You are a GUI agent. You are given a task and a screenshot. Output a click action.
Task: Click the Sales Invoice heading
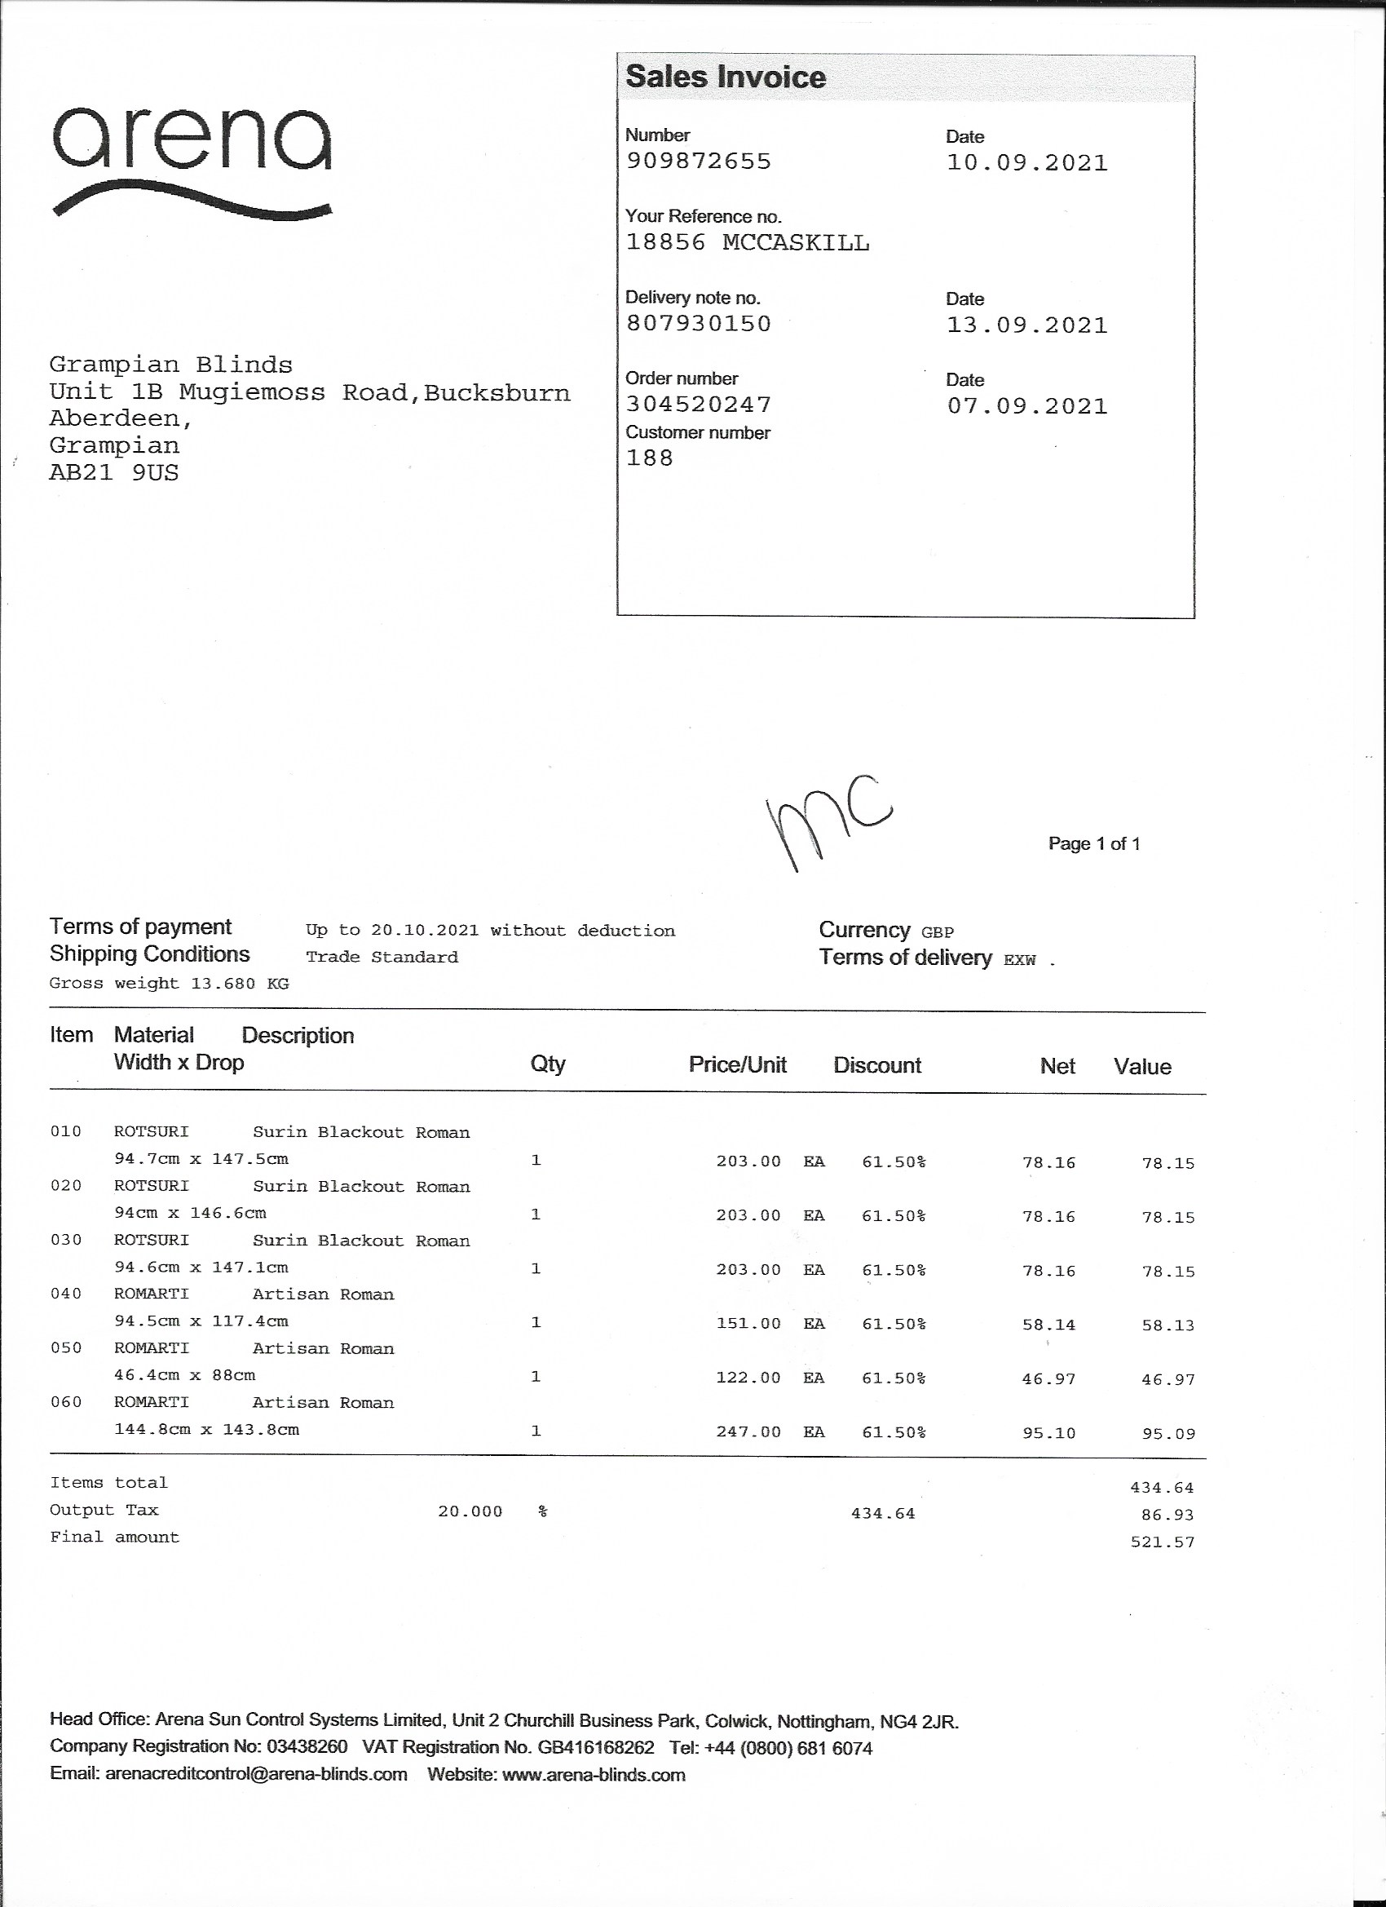coord(726,77)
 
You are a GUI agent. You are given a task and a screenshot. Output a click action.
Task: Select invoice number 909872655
coord(699,161)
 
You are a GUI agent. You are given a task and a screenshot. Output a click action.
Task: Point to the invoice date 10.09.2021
coord(1027,163)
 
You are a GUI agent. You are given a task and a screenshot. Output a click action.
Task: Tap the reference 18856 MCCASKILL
coord(747,243)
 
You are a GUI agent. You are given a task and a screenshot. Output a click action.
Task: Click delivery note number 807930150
coord(699,324)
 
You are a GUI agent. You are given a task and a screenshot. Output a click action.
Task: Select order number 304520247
coord(699,405)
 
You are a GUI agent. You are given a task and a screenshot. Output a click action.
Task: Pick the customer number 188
coord(650,458)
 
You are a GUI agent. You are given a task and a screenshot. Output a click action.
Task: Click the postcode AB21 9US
coord(114,472)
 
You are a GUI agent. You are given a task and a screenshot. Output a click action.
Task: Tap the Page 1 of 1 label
coord(1093,844)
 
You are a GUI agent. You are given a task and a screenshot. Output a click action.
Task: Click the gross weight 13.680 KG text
coord(169,984)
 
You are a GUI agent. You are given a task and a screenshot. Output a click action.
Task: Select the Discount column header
coord(876,1065)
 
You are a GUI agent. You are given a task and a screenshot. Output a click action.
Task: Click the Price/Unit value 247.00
coord(748,1432)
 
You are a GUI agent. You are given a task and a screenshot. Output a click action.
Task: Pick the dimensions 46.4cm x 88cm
coord(185,1375)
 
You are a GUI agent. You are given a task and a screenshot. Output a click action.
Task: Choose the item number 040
coord(66,1294)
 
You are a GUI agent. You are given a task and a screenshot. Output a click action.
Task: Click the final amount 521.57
coord(1163,1542)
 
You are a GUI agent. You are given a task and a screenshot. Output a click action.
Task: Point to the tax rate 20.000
coord(470,1511)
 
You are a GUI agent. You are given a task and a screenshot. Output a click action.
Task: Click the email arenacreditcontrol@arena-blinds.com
coord(256,1775)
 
